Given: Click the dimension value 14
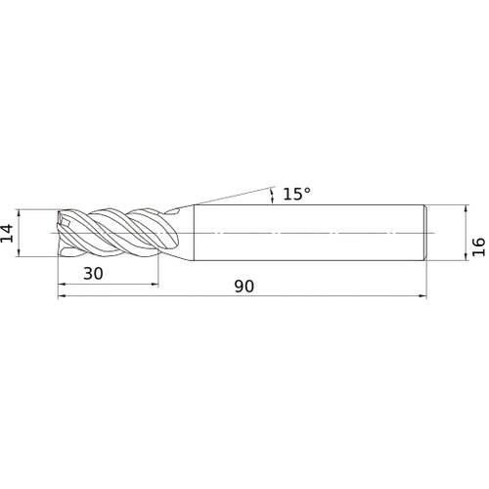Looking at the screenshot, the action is pos(8,233).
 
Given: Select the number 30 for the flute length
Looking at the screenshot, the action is pos(93,273).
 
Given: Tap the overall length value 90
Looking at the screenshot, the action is pos(244,286).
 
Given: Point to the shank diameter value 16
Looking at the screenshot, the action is pos(479,246).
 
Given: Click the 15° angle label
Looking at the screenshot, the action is pos(296,194).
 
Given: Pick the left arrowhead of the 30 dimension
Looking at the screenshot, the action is pos(62,285).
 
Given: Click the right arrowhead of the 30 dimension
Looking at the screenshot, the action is pos(155,285).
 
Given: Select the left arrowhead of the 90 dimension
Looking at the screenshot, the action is pos(62,296).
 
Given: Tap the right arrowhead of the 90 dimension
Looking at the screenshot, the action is pos(422,296).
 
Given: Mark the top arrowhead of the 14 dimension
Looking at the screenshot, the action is pos(19,213).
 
